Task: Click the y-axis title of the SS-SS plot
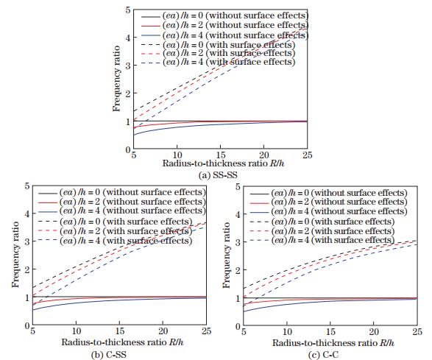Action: coord(116,80)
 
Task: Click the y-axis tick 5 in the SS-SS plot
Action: coord(127,10)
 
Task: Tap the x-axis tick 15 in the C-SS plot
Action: coord(118,332)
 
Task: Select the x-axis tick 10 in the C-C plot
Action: coord(287,332)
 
